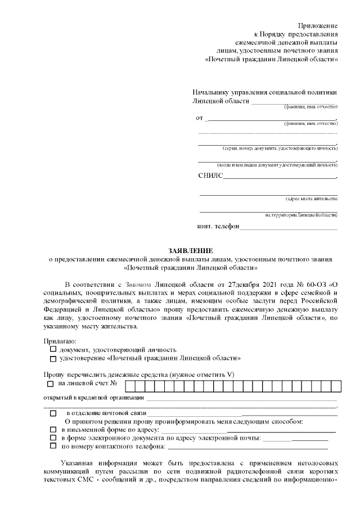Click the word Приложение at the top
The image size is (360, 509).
318,26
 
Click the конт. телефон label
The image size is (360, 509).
218,227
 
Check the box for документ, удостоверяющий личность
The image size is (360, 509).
53,349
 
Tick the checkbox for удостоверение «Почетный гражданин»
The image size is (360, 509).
53,358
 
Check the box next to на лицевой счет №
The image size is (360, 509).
51,384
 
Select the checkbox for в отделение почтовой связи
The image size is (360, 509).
53,413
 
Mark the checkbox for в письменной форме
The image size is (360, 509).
53,430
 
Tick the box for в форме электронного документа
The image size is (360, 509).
53,438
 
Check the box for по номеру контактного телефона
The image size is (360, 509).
53,446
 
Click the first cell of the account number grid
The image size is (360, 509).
129,385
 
